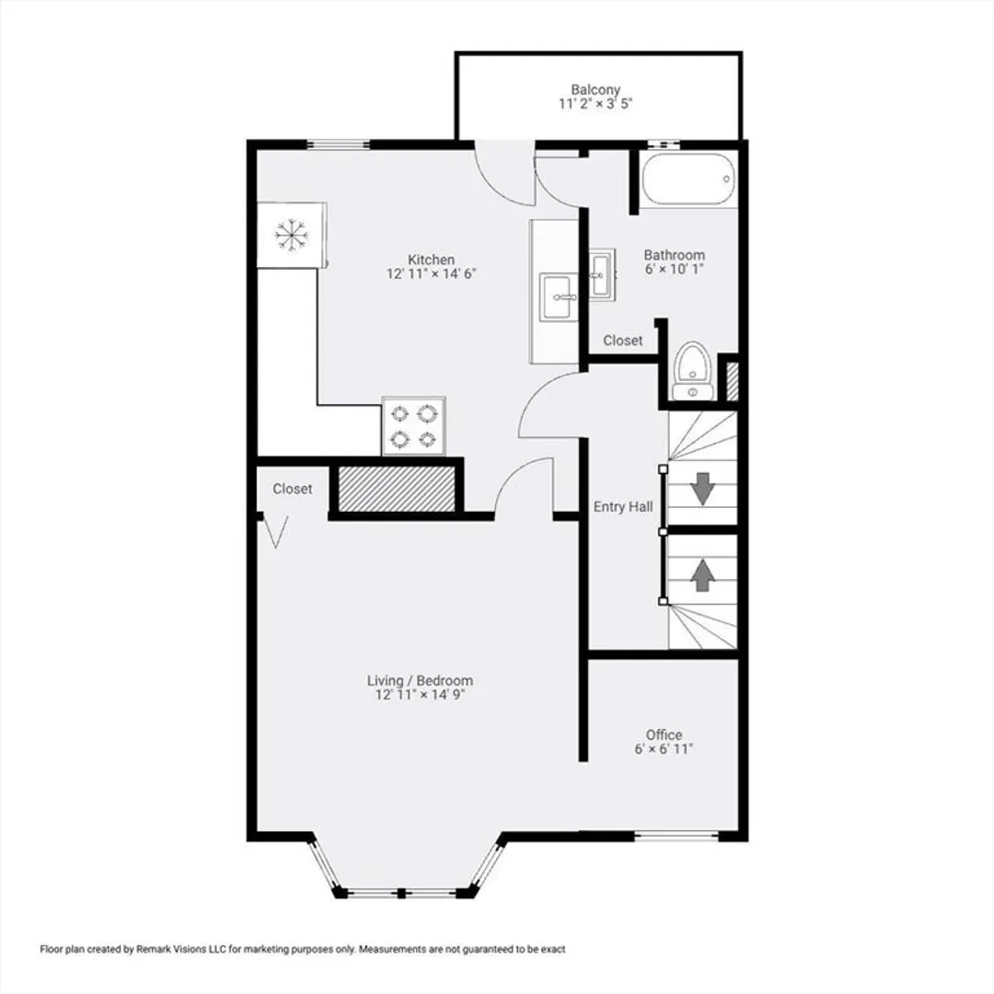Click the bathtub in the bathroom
coord(688,179)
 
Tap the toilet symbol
coord(693,372)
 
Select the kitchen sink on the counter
coord(559,296)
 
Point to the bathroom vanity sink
coord(601,274)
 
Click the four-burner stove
coord(413,426)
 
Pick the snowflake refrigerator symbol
coord(292,236)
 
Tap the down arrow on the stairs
coord(702,489)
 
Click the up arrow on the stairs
coord(702,575)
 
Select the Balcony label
coord(595,90)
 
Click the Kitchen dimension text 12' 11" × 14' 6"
coord(431,274)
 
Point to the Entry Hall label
coord(623,507)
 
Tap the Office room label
coord(664,734)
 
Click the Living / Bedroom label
coord(420,681)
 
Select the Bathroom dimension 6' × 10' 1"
coord(675,269)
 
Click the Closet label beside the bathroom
coord(622,341)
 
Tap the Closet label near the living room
coord(293,489)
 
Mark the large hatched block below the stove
coord(397,489)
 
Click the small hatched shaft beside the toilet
coord(732,381)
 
